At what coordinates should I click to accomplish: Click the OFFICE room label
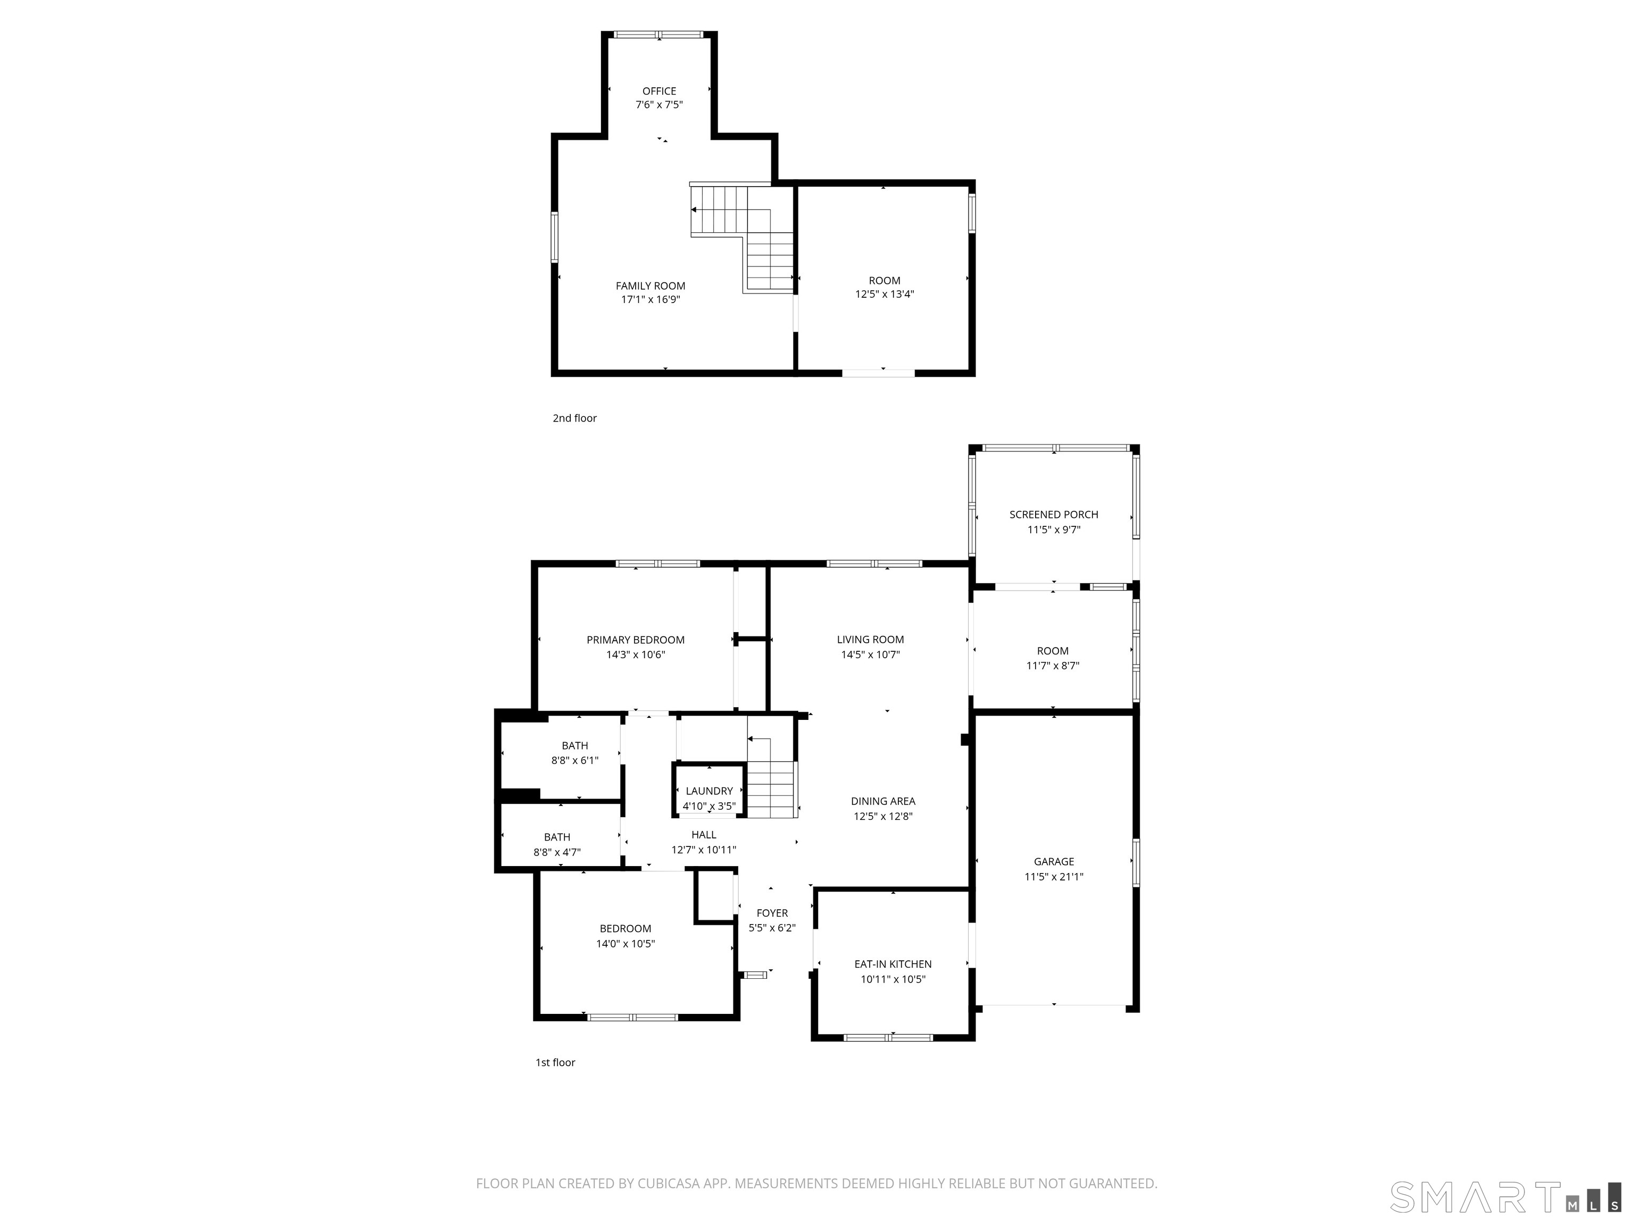pyautogui.click(x=659, y=91)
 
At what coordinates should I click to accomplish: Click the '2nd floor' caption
pyautogui.click(x=574, y=418)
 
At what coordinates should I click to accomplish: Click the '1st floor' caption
pyautogui.click(x=555, y=1062)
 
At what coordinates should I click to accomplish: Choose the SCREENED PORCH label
pyautogui.click(x=1053, y=515)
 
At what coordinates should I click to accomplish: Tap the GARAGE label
pyautogui.click(x=1053, y=862)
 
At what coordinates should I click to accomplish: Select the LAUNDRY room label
pyautogui.click(x=709, y=791)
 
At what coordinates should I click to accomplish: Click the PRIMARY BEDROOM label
pyautogui.click(x=635, y=640)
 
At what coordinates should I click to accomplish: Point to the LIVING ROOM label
pyautogui.click(x=870, y=640)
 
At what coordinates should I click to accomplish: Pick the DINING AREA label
pyautogui.click(x=883, y=801)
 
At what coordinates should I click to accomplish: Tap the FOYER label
pyautogui.click(x=772, y=913)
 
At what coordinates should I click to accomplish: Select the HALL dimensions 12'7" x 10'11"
pyautogui.click(x=703, y=850)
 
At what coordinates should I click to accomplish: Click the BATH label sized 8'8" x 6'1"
pyautogui.click(x=574, y=746)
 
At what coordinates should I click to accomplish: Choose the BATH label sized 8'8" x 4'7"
pyautogui.click(x=557, y=837)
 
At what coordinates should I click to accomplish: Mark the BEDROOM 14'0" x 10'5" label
pyautogui.click(x=625, y=929)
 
